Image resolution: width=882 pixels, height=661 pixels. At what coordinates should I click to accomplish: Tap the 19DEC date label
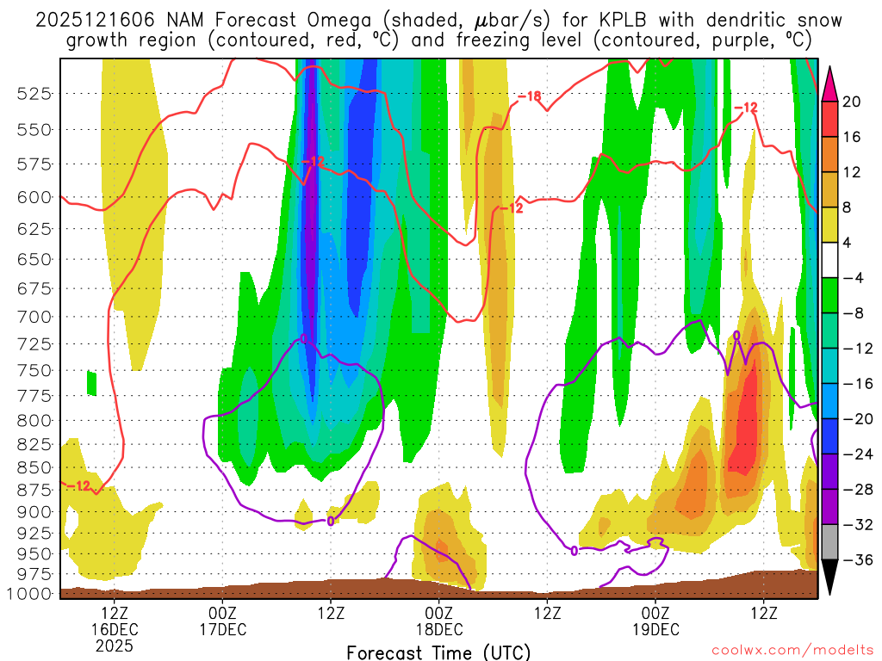655,629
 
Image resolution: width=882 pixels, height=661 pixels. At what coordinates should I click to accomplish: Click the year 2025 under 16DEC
115,646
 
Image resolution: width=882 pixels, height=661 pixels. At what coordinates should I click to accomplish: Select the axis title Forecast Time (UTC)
438,652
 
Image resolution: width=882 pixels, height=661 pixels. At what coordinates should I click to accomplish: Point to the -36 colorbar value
855,560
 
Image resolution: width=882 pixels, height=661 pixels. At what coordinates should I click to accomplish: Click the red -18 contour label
529,96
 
